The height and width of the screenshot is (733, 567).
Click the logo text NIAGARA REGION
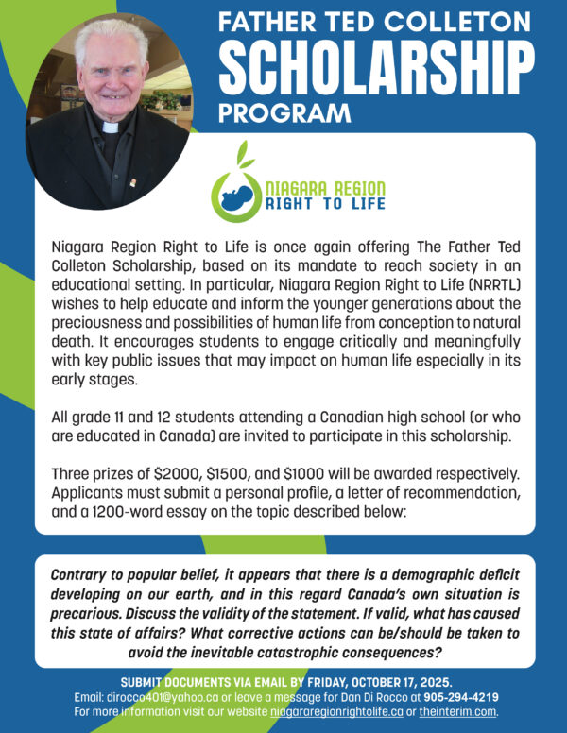tap(316, 187)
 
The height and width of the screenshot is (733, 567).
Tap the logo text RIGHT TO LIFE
tap(316, 202)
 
